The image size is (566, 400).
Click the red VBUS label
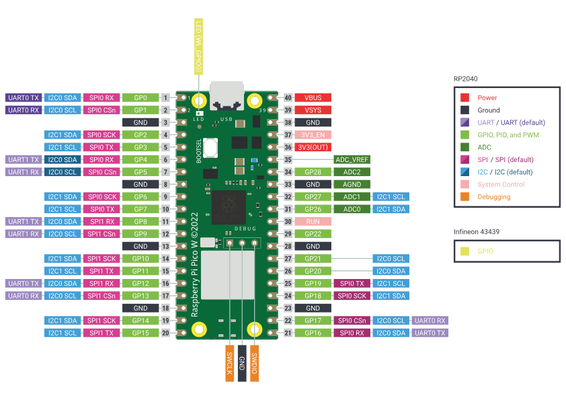pos(313,97)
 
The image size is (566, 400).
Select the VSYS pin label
pos(313,110)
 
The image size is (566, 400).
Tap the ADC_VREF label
pos(352,160)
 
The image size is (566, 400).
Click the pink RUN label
pos(313,221)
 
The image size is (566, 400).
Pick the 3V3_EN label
pos(313,135)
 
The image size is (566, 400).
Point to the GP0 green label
pos(140,97)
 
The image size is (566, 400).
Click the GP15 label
pos(140,333)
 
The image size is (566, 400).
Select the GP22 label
pos(313,234)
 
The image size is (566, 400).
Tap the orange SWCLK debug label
pos(229,363)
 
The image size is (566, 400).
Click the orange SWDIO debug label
pos(254,363)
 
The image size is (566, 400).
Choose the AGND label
pos(352,184)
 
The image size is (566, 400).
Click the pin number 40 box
pos(288,97)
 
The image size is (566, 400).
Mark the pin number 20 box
pos(165,333)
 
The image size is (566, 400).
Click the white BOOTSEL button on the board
pos(212,147)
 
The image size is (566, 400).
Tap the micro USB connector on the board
pos(227,95)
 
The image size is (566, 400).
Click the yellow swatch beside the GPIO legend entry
pos(464,251)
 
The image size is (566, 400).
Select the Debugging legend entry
pos(493,197)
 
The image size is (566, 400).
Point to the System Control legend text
pos(501,184)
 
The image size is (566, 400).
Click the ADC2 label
pos(352,172)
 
